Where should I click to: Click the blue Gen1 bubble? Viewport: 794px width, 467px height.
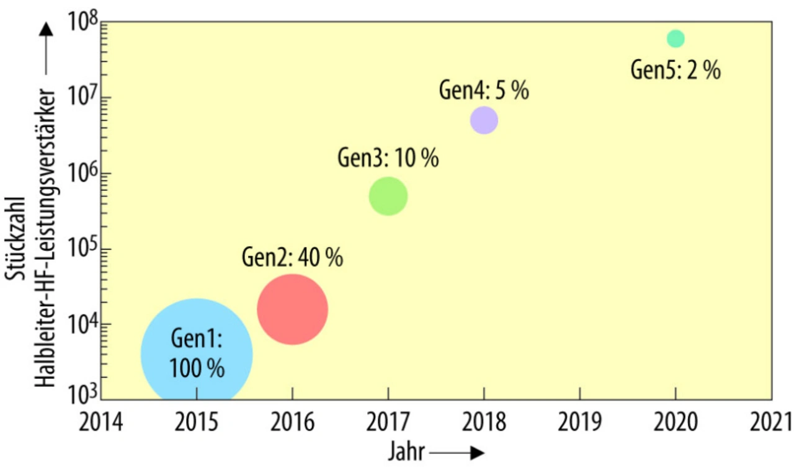coord(196,354)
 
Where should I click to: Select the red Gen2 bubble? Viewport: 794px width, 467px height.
coord(292,309)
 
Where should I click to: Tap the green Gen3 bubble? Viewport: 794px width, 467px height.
coord(388,196)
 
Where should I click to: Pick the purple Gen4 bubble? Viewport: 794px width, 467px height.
coord(484,120)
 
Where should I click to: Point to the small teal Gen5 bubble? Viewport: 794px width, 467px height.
coord(676,38)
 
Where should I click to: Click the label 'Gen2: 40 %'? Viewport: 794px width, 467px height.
coord(292,257)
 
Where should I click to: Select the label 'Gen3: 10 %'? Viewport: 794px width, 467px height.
coord(388,158)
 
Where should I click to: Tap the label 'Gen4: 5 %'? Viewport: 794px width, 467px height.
coord(484,91)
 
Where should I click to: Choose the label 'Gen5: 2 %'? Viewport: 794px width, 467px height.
coord(676,70)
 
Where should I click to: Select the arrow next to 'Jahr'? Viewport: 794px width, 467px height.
coord(457,453)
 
